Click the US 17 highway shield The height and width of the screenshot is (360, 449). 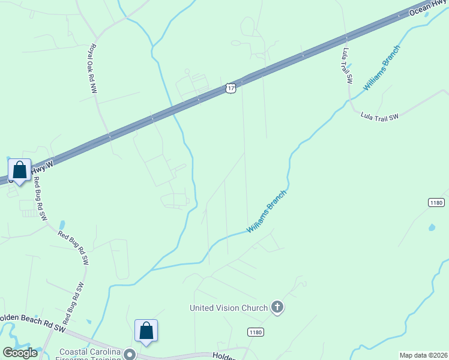[x=231, y=88]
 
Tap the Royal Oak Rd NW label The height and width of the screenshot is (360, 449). [x=93, y=68]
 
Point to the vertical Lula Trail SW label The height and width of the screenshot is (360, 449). [x=348, y=65]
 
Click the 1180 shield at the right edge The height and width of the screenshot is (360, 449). [x=437, y=203]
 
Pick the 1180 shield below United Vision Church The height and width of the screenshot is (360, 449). [x=256, y=332]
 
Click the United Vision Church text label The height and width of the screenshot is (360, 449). [x=229, y=308]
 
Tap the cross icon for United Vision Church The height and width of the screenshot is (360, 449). [x=277, y=307]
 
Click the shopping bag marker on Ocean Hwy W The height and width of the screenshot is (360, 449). [x=20, y=170]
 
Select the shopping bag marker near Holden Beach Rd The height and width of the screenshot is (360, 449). [x=146, y=330]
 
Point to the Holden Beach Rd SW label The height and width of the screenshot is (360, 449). [x=33, y=321]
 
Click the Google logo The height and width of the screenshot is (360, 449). [x=20, y=352]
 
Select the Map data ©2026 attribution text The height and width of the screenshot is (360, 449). [x=423, y=355]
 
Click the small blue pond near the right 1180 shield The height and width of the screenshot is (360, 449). [x=431, y=227]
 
